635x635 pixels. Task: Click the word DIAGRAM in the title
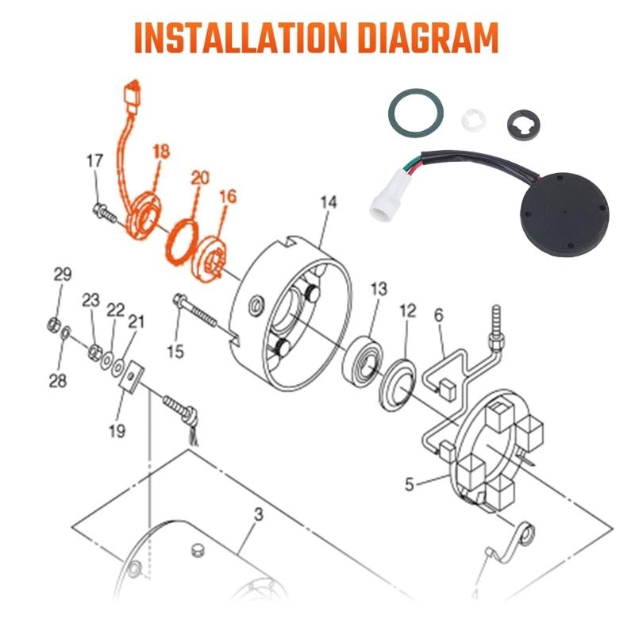(429, 37)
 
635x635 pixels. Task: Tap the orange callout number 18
(161, 152)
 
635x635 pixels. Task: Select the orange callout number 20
(200, 178)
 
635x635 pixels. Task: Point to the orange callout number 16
(228, 196)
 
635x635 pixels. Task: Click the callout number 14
(329, 202)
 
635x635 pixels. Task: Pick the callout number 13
(379, 289)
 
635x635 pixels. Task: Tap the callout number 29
(63, 275)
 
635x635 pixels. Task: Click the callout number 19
(117, 430)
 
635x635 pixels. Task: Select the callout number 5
(410, 483)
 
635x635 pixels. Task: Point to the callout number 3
(259, 514)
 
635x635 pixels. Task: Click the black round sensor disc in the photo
(564, 214)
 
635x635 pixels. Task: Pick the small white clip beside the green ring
(473, 120)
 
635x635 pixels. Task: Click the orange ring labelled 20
(182, 242)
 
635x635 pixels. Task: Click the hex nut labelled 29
(54, 325)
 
